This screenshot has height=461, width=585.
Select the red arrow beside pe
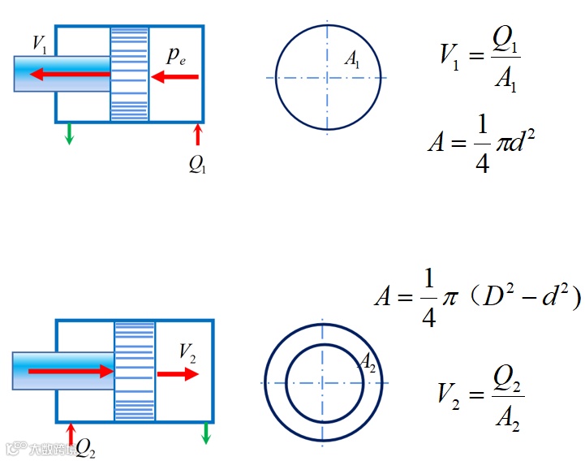[175, 77]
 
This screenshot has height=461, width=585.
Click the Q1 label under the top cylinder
[197, 164]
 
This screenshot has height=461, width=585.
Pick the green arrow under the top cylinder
[69, 133]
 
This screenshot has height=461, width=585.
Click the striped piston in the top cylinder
[130, 74]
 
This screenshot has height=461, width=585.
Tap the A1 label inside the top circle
[353, 58]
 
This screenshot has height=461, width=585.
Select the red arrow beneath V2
[178, 374]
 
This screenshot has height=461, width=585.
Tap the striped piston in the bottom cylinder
[134, 371]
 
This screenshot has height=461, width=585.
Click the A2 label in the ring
[368, 361]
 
